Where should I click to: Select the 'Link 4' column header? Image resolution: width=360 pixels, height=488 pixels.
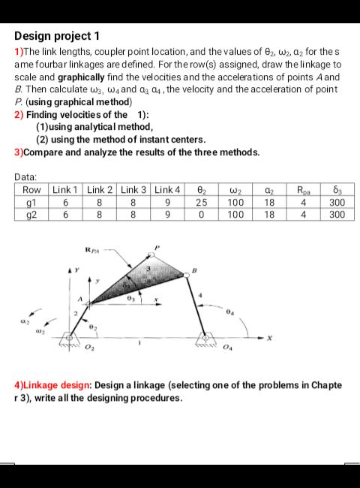coord(169,190)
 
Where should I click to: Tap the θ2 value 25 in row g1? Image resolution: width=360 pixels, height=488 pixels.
coord(202,202)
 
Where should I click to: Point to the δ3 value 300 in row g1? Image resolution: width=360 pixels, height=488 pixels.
coord(336,202)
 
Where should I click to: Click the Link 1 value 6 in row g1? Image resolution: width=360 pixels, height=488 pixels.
coord(65,202)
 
